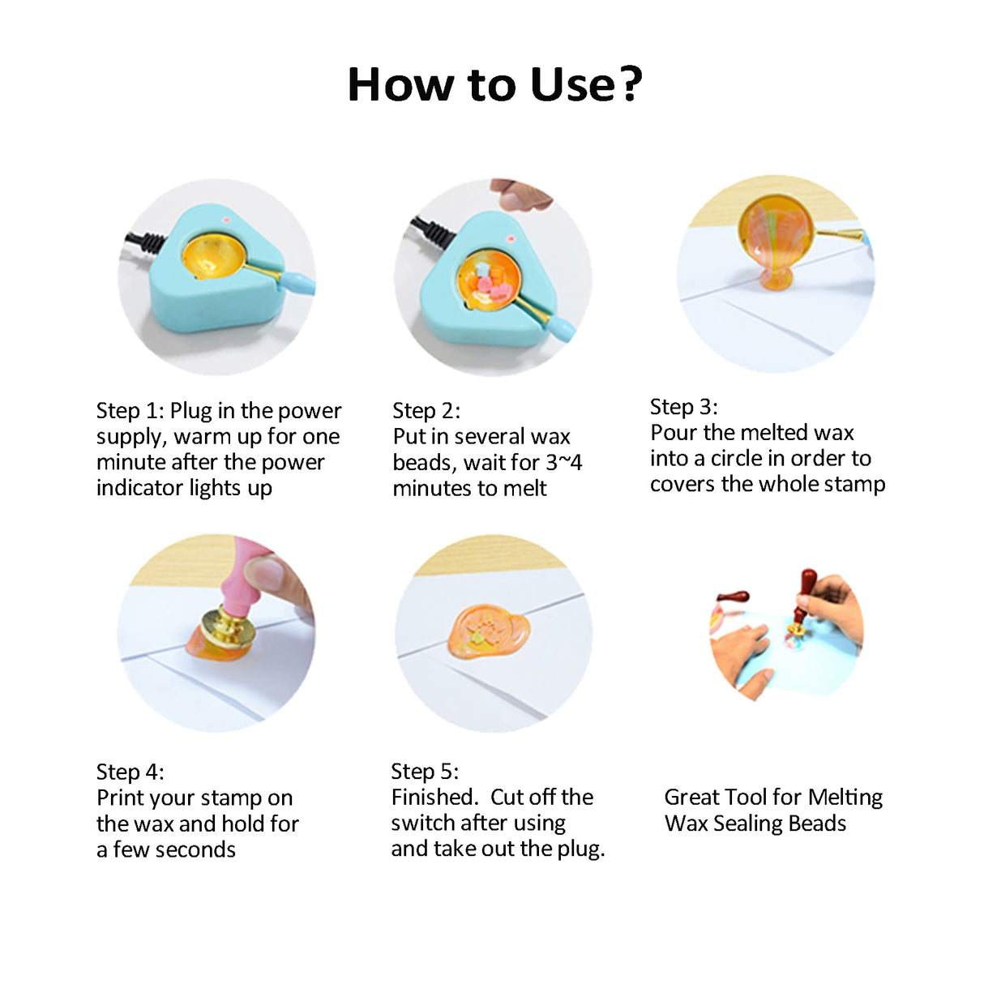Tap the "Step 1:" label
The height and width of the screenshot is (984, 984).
point(130,411)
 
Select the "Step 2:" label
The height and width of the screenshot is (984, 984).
point(426,411)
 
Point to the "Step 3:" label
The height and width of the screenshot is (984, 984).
point(684,407)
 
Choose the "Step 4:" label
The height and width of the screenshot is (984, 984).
point(130,772)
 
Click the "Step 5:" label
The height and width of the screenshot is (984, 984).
point(425,772)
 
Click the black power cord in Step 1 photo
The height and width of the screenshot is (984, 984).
point(145,242)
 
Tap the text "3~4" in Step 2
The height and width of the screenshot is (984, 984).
point(564,463)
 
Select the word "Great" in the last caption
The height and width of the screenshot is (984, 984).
point(690,798)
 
